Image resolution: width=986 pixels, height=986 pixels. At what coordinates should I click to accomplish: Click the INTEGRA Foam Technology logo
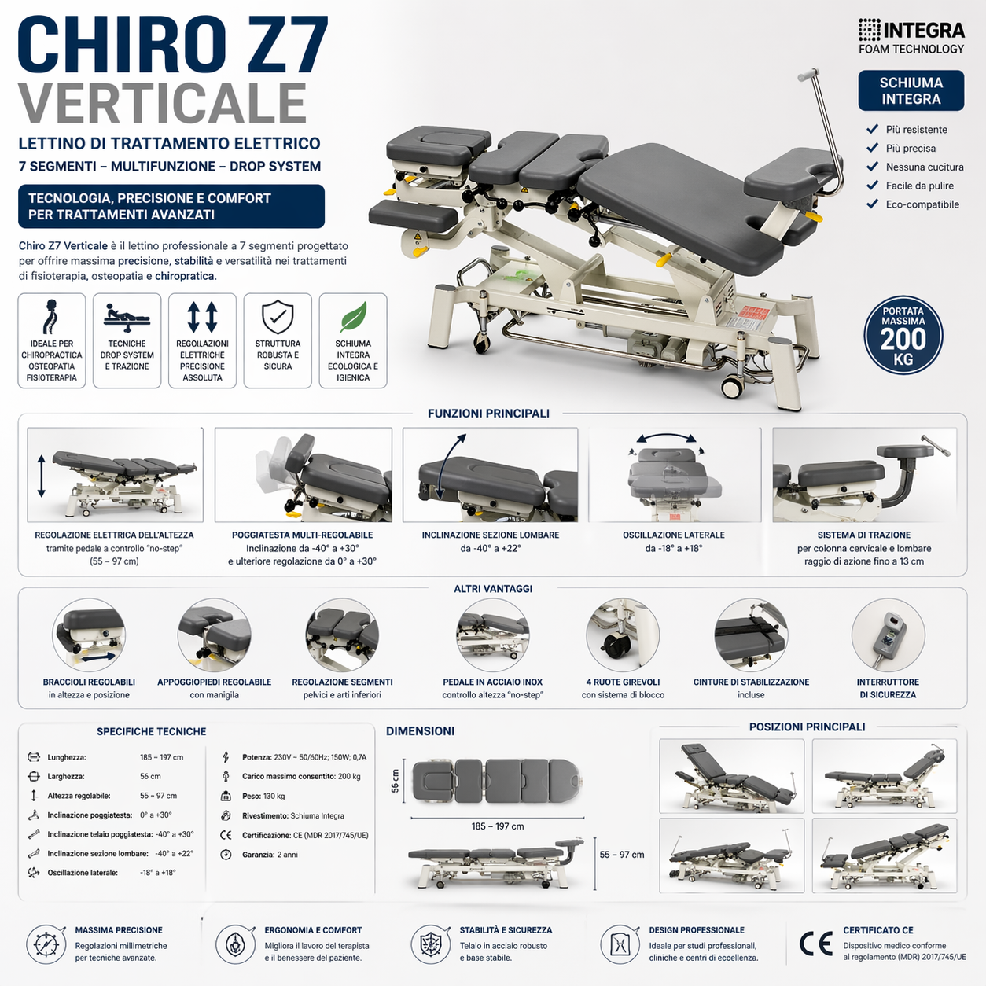pyautogui.click(x=911, y=37)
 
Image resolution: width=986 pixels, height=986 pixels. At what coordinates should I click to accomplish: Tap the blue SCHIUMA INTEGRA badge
pyautogui.click(x=911, y=90)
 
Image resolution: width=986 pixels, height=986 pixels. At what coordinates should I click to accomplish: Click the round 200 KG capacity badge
pyautogui.click(x=903, y=336)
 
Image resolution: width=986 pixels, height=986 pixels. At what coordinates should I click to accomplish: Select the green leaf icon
pyautogui.click(x=353, y=317)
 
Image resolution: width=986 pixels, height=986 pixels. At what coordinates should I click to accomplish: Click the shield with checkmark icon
pyautogui.click(x=278, y=317)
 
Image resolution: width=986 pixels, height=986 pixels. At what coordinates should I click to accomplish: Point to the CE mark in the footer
pyautogui.click(x=815, y=944)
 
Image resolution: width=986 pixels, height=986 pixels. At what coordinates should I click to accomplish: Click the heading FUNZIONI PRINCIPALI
pyautogui.click(x=488, y=414)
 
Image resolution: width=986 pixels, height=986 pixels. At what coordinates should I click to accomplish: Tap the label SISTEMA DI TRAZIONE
pyautogui.click(x=863, y=535)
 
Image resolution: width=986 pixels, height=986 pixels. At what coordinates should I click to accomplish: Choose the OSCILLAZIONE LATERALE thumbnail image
pyautogui.click(x=675, y=474)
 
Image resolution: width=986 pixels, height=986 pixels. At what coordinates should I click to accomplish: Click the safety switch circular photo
pyautogui.click(x=888, y=635)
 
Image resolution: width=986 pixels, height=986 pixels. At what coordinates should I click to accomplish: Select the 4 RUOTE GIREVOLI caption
pyautogui.click(x=623, y=682)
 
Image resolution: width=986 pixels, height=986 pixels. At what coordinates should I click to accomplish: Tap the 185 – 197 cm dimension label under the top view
pyautogui.click(x=498, y=826)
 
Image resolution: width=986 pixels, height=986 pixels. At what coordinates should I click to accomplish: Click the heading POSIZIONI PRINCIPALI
pyautogui.click(x=807, y=727)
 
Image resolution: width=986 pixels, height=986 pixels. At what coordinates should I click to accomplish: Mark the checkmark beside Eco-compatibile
pyautogui.click(x=872, y=204)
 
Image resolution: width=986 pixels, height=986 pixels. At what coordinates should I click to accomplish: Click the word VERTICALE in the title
pyautogui.click(x=162, y=103)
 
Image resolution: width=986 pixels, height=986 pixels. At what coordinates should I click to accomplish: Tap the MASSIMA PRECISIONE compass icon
pyautogui.click(x=46, y=944)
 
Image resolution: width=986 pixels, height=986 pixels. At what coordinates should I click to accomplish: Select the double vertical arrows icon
pyautogui.click(x=202, y=317)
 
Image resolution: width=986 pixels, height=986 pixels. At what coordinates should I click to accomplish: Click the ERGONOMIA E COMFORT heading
pyautogui.click(x=313, y=930)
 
